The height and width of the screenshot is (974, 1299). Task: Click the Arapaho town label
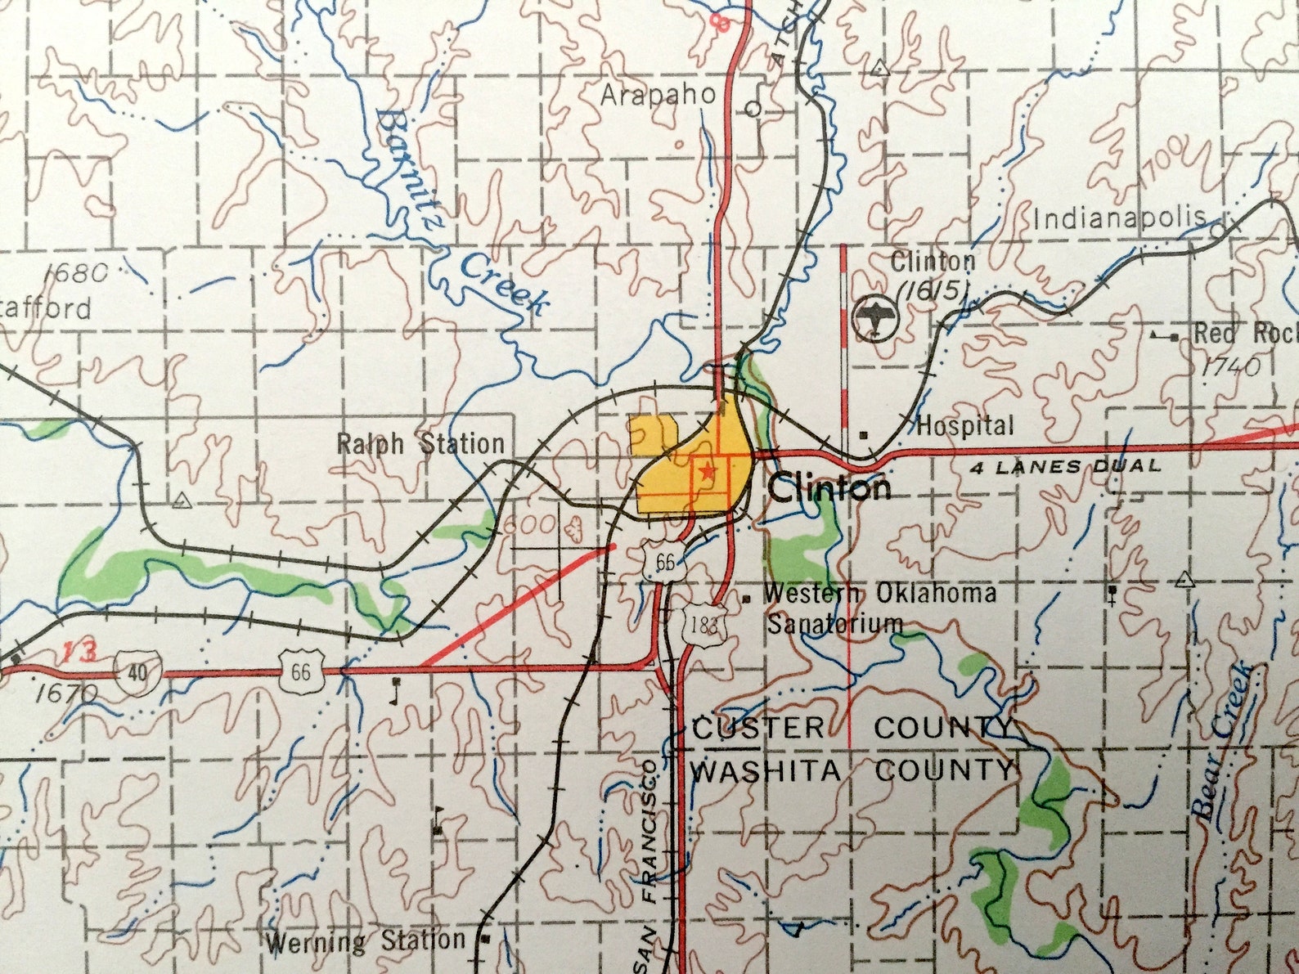(x=658, y=95)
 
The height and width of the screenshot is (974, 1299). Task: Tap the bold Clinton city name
(x=829, y=488)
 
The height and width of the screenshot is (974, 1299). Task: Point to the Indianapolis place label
(x=1118, y=218)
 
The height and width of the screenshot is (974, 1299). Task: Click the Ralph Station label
(x=420, y=444)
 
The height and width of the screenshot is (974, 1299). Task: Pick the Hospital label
(x=964, y=425)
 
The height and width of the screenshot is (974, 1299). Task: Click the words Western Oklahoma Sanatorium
(x=879, y=607)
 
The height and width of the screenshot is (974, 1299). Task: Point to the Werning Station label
(x=365, y=941)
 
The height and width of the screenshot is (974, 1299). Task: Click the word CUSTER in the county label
(x=758, y=728)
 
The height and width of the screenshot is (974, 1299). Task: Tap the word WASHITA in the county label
(x=765, y=770)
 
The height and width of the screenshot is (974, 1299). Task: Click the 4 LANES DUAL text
(x=1066, y=467)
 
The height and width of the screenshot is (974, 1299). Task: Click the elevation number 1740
(x=1232, y=366)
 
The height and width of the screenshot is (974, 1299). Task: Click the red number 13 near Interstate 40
(x=80, y=651)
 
